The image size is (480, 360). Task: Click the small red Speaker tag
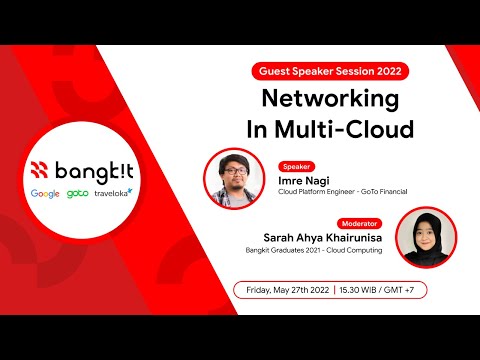(x=297, y=166)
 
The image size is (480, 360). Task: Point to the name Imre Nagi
(x=304, y=180)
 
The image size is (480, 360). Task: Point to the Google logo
(x=45, y=193)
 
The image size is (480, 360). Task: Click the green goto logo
(x=78, y=193)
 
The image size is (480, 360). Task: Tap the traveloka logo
(x=115, y=193)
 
